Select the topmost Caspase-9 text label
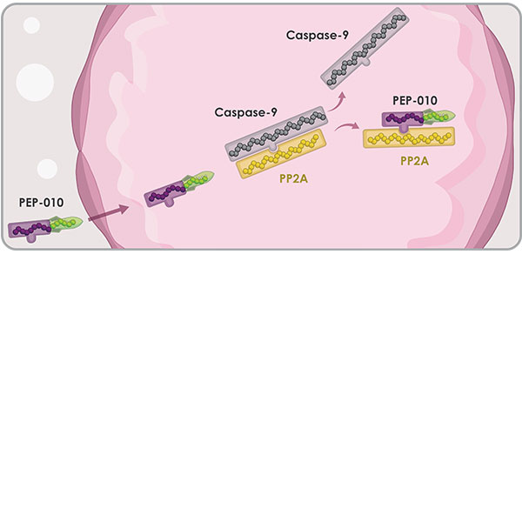pyautogui.click(x=319, y=36)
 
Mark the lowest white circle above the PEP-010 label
pyautogui.click(x=47, y=168)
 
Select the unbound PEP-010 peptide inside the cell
pyautogui.click(x=179, y=186)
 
